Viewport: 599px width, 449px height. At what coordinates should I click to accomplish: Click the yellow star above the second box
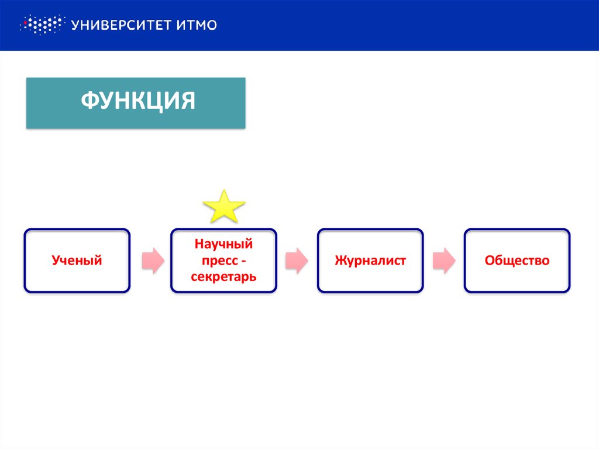tap(223, 207)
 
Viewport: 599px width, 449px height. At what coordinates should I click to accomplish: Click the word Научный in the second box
tap(223, 243)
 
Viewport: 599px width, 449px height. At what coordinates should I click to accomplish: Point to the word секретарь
tap(223, 276)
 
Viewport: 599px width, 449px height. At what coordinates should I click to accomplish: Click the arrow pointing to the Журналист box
tap(297, 261)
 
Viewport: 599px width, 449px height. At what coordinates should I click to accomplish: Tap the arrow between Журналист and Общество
tap(443, 261)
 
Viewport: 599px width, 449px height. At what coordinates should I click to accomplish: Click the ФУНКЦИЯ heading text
tap(137, 101)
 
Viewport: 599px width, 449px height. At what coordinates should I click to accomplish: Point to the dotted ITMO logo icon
tap(41, 25)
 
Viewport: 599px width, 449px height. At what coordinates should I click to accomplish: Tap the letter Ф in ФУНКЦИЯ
tap(88, 101)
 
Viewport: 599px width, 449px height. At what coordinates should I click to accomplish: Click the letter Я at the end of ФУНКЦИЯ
tap(187, 101)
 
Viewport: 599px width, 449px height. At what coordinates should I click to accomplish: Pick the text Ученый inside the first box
tap(77, 261)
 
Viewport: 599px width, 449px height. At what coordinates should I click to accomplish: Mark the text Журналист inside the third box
tap(370, 261)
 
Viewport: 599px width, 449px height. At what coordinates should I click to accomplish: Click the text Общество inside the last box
tap(517, 261)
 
